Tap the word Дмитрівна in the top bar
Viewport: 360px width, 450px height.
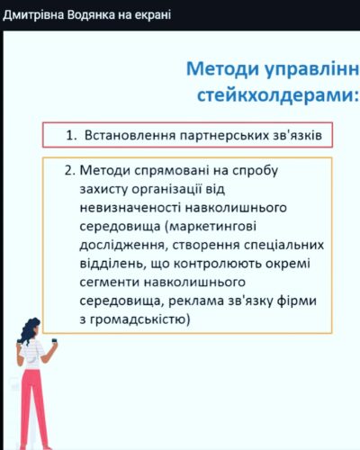coord(33,15)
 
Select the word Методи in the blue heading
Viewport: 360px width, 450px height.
coord(222,69)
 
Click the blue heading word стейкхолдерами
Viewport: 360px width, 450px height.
coord(276,95)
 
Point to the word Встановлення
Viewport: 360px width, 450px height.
coord(130,135)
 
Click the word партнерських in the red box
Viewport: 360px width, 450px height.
coord(224,136)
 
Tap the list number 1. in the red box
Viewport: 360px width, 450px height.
coord(71,136)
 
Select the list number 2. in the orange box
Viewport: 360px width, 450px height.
coord(69,170)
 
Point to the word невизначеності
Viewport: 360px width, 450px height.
coord(130,208)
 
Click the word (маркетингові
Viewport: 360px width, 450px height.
coord(211,227)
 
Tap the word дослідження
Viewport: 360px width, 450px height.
coord(122,246)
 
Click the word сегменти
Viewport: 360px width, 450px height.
coord(110,283)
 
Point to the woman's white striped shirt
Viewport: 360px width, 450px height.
coord(31,354)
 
